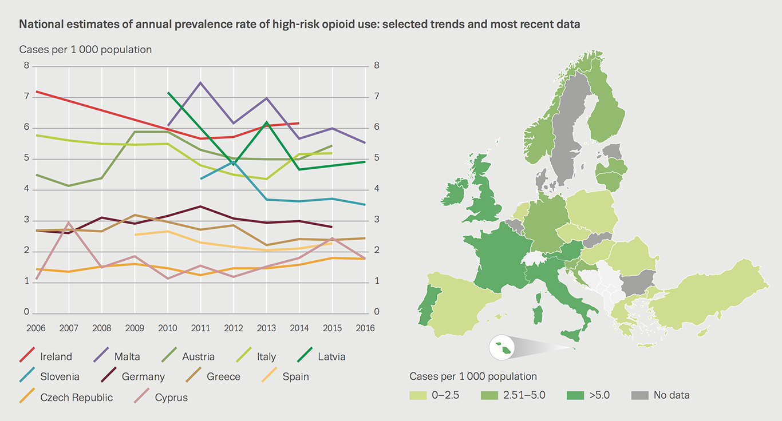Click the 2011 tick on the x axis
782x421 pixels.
(200, 328)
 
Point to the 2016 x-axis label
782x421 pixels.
(365, 328)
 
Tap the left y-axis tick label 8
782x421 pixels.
(26, 66)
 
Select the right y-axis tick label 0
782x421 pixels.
(376, 312)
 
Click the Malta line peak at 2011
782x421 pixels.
(200, 83)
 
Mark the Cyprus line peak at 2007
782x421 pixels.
(68, 223)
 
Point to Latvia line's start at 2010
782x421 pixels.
(168, 93)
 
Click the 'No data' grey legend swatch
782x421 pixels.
(640, 395)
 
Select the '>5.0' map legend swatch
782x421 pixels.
(575, 395)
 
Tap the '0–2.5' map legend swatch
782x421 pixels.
(418, 395)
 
